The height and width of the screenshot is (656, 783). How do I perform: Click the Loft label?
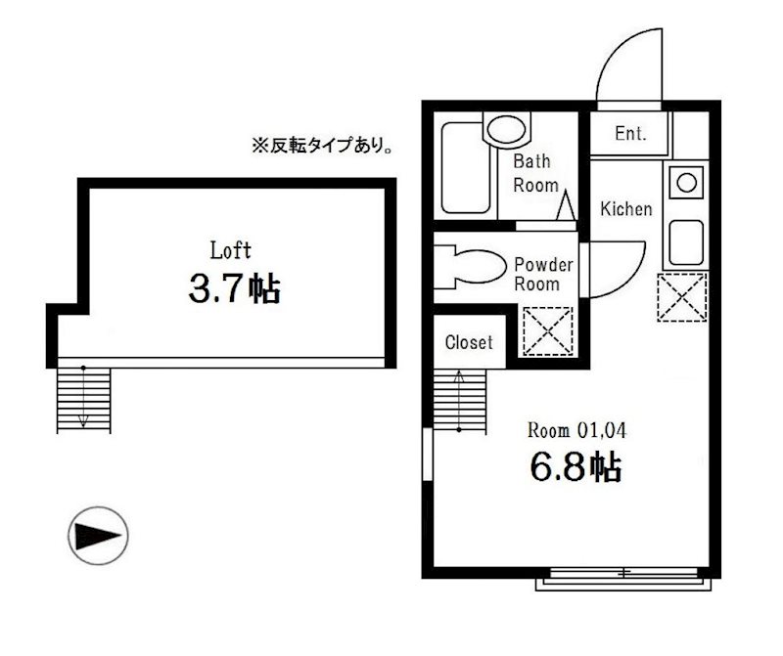coord(231,249)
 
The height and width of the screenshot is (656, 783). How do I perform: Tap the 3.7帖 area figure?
coord(234,288)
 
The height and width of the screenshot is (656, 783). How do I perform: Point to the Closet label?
coord(469,343)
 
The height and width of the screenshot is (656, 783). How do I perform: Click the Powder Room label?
coord(536,274)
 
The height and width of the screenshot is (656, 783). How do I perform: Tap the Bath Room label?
coord(535,173)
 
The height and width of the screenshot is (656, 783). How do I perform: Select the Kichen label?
coord(625,209)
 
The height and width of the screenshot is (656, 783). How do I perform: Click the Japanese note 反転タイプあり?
coord(323,148)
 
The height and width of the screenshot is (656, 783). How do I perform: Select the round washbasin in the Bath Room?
coord(506,129)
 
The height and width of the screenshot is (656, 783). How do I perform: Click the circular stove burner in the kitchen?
coord(686,182)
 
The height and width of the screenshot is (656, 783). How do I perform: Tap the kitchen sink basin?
coord(685,241)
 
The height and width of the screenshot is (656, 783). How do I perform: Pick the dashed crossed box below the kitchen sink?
coord(682,297)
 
